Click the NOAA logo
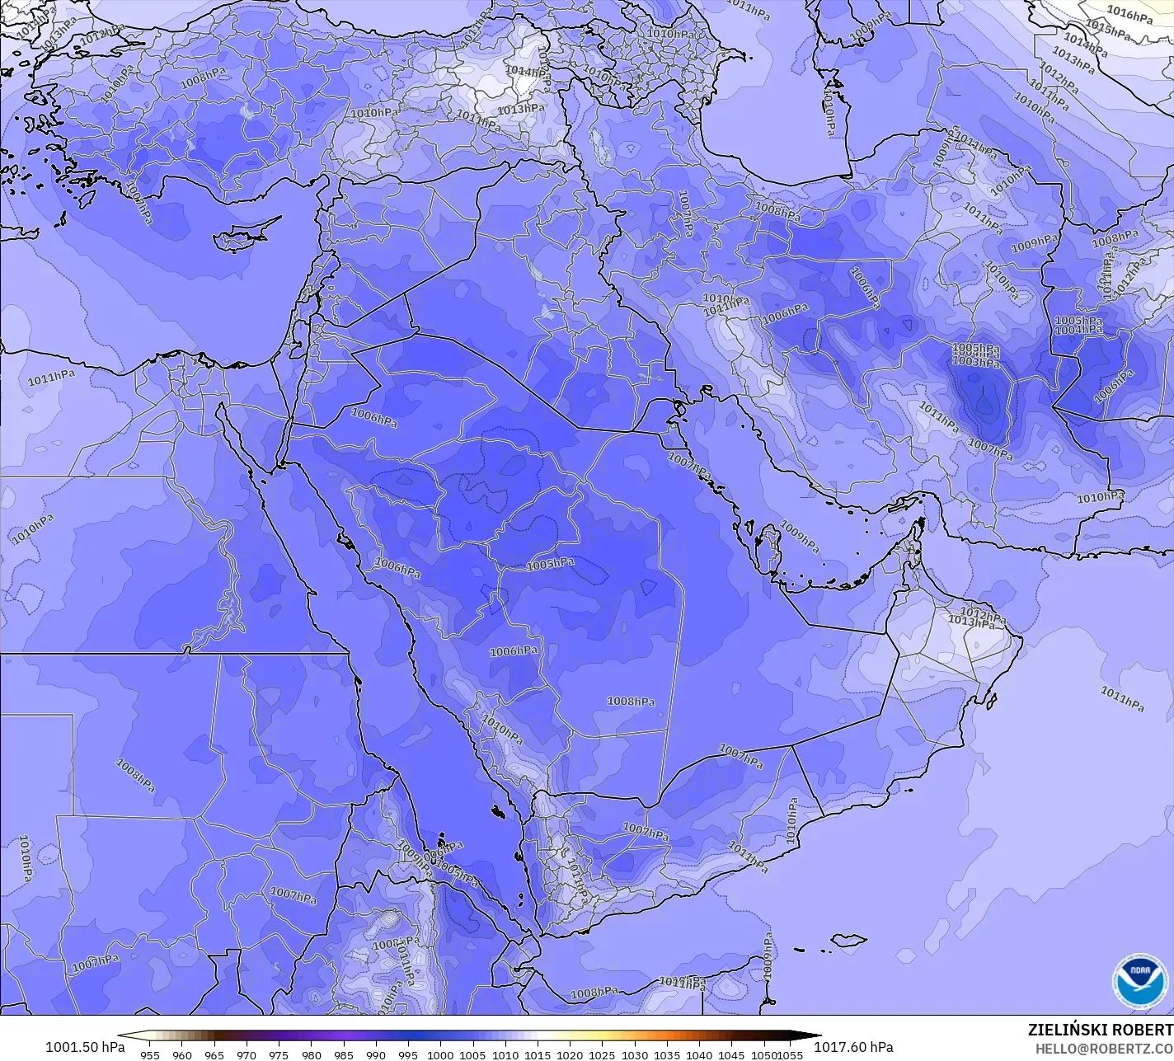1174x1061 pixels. (1139, 982)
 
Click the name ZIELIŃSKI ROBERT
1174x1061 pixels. (1100, 1030)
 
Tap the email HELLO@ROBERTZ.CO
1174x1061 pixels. (1104, 1047)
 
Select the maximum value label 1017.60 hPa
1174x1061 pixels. (853, 1047)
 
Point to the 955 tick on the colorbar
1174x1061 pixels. (150, 1054)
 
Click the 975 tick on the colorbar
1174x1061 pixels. (279, 1054)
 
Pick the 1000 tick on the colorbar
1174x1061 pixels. (440, 1054)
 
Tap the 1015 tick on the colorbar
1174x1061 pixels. (538, 1054)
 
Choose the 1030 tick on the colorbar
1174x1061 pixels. (635, 1054)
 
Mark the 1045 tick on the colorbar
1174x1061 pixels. (731, 1054)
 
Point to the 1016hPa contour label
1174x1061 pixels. (1129, 14)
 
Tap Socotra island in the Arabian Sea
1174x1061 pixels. (848, 940)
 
